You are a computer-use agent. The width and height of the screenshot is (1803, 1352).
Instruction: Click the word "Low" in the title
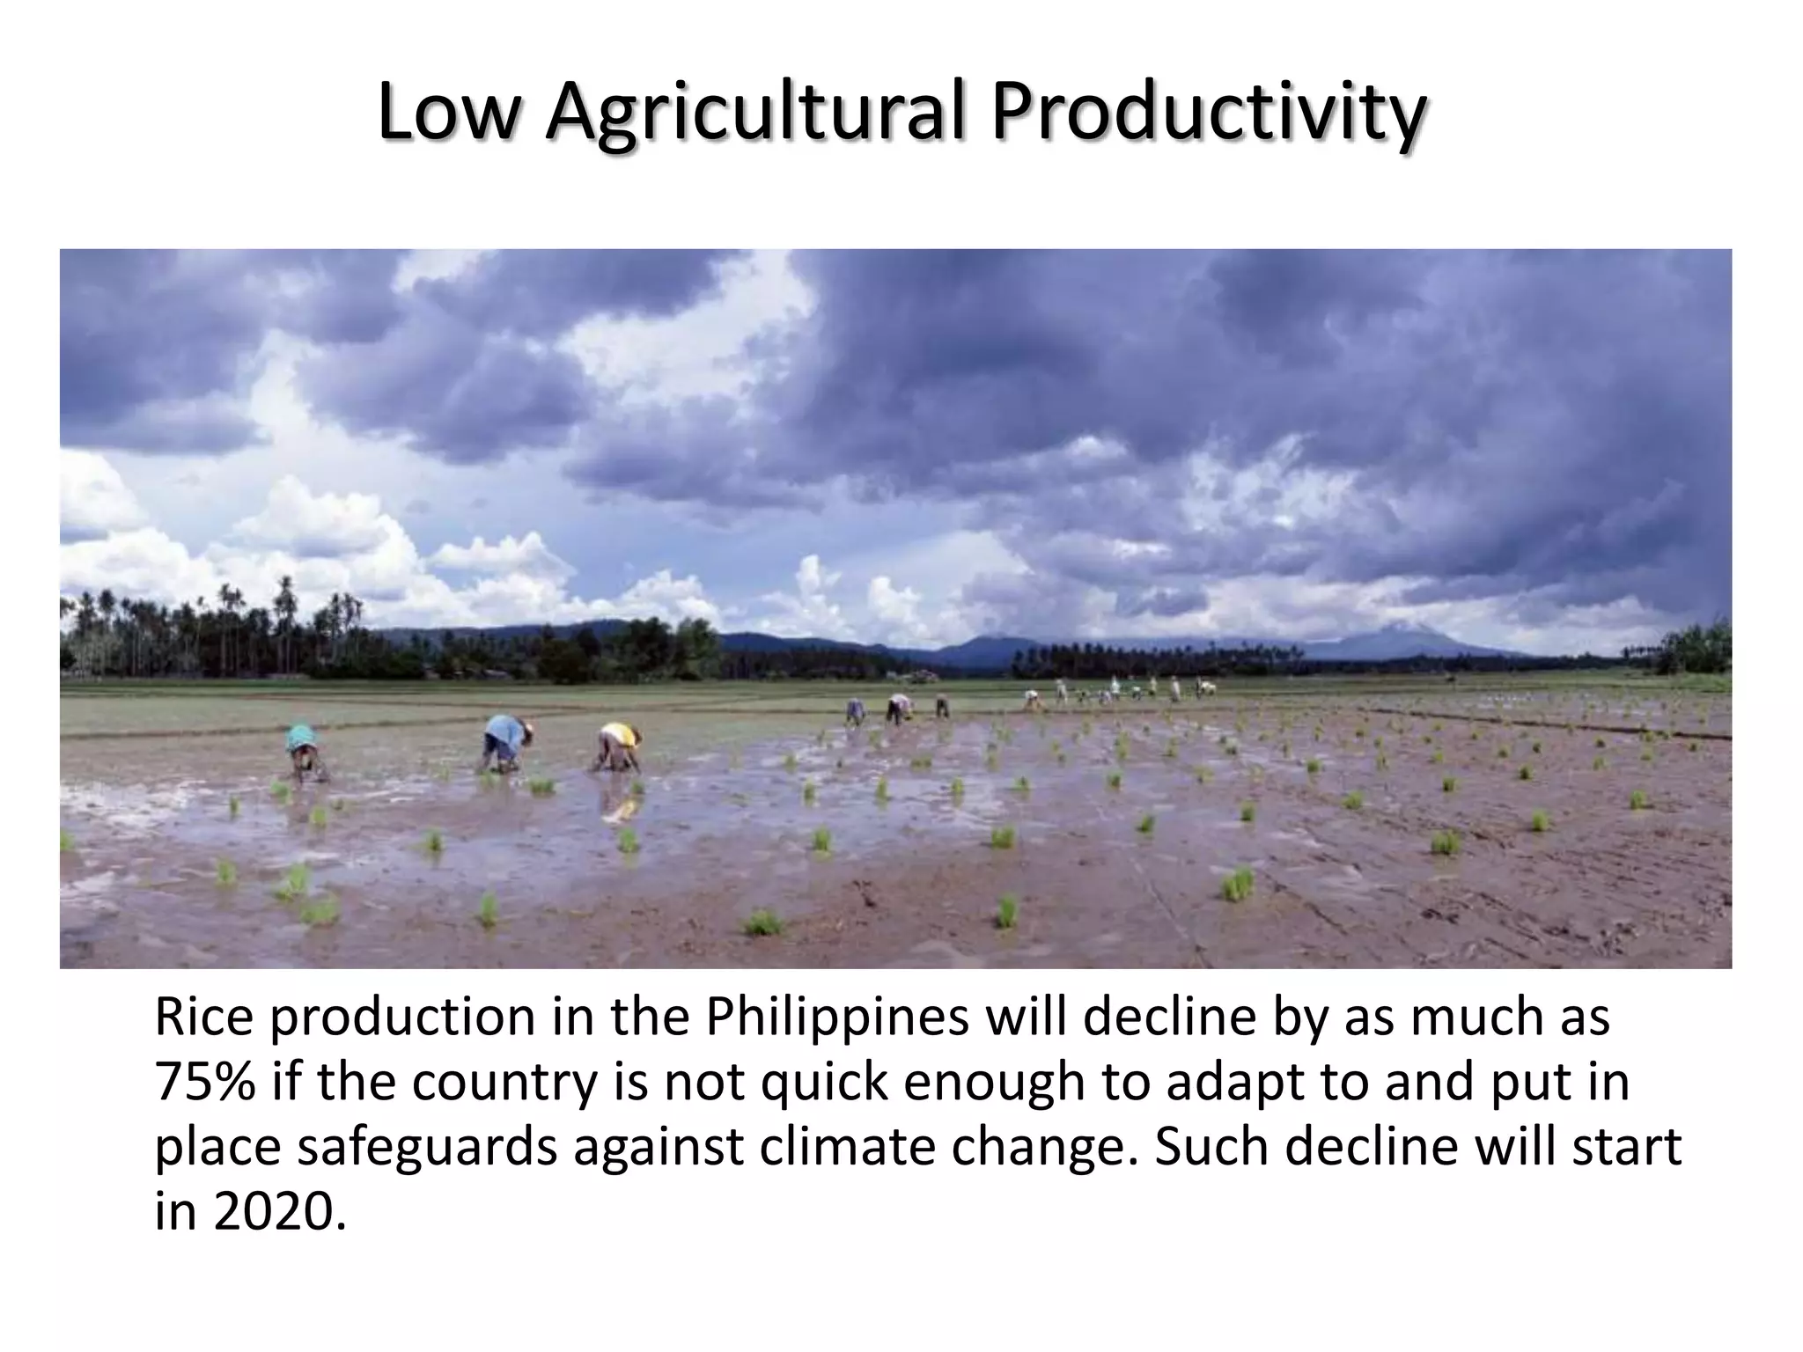click(x=445, y=113)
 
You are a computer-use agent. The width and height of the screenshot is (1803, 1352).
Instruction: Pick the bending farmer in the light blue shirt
click(x=506, y=741)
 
